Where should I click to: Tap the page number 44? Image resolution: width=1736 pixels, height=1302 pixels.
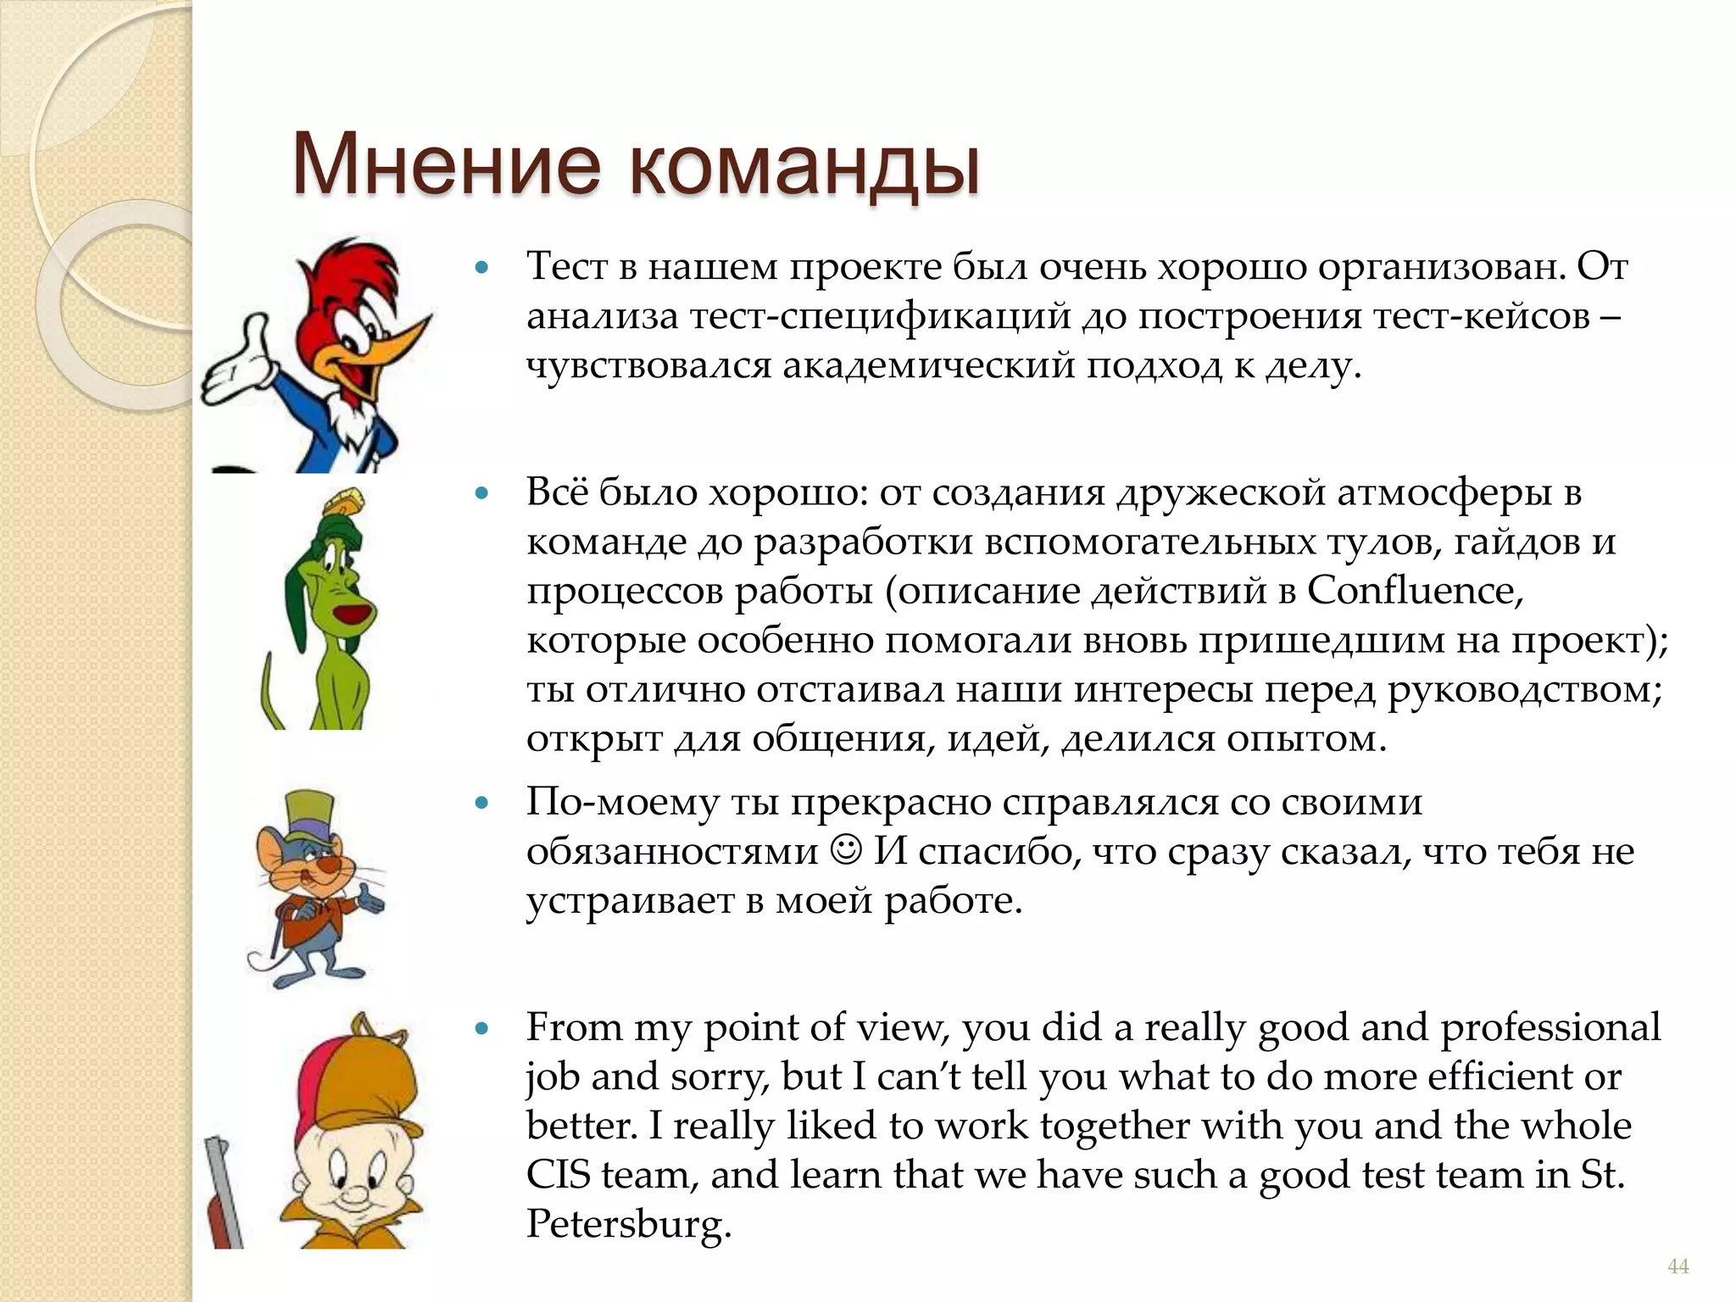point(1678,1266)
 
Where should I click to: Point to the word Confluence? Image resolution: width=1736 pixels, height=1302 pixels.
point(1413,591)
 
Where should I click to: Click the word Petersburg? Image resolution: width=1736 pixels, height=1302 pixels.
point(627,1225)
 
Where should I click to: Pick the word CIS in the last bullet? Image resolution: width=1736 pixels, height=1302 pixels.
point(558,1175)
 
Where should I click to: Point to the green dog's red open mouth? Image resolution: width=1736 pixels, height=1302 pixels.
point(350,612)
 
